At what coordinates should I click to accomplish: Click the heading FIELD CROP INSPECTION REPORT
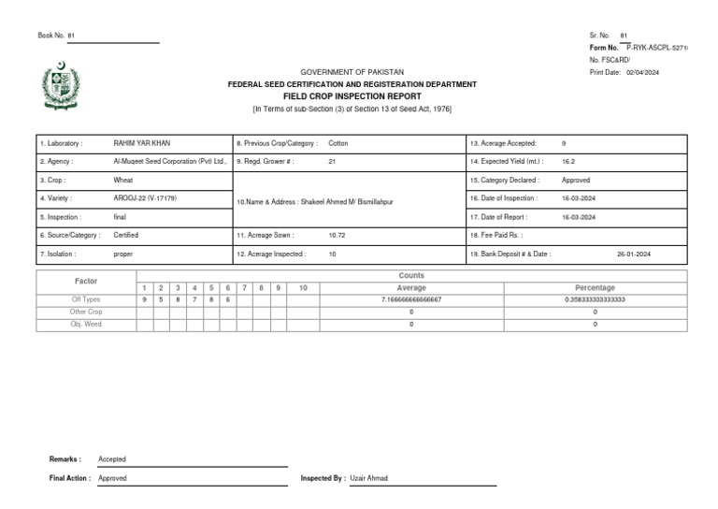352,96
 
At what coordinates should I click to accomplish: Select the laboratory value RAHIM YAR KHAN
141,143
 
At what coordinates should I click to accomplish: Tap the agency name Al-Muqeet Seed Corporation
169,161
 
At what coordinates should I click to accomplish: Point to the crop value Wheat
123,180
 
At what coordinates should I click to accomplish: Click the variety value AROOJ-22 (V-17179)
145,198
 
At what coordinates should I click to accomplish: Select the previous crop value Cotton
338,143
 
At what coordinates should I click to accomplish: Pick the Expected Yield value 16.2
568,161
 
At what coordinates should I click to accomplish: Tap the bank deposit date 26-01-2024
634,254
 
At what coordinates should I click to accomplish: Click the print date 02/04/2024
642,72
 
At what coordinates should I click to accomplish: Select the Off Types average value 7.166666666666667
411,299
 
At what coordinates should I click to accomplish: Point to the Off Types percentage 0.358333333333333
595,299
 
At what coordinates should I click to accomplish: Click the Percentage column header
595,287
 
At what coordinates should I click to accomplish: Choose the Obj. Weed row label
86,324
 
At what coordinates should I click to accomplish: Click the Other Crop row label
86,312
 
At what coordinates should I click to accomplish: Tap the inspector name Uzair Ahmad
368,478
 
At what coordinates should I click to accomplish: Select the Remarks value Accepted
112,459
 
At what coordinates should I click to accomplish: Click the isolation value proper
123,254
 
